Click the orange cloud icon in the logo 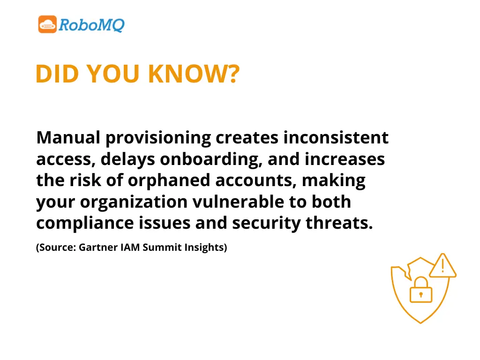tap(47, 24)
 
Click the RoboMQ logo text tap(92, 24)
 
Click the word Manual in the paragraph tap(68, 138)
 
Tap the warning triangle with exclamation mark tap(442, 266)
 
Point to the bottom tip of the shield tap(421, 322)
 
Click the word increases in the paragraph tap(345, 159)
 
